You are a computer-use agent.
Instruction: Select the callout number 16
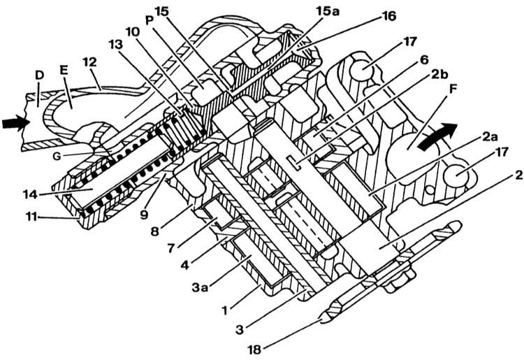(388, 15)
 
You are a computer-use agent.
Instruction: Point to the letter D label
(39, 75)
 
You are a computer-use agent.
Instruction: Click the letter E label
(64, 70)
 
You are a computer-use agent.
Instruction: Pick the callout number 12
(89, 62)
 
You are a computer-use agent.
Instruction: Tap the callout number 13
(116, 45)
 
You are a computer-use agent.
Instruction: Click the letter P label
(149, 20)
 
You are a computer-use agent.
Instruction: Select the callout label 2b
(439, 75)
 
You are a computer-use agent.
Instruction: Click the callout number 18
(254, 350)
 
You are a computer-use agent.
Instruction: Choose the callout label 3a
(201, 287)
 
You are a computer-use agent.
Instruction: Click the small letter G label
(57, 156)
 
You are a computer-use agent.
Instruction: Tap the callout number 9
(144, 215)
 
